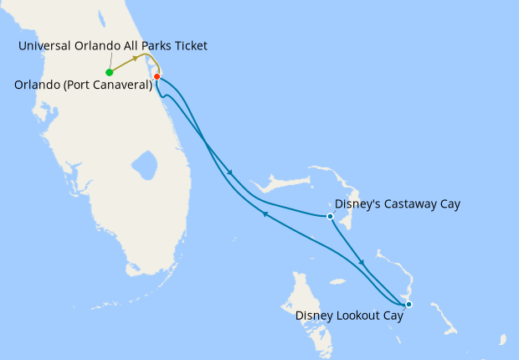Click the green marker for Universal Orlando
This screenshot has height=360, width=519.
pyautogui.click(x=110, y=72)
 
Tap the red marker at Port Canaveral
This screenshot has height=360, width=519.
pyautogui.click(x=157, y=77)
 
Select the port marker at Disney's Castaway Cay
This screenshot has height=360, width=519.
pyautogui.click(x=330, y=216)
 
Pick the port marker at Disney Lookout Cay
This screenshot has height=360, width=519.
pyautogui.click(x=409, y=304)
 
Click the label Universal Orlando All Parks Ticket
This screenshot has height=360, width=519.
pyautogui.click(x=113, y=45)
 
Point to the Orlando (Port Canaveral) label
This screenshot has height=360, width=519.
pyautogui.click(x=83, y=85)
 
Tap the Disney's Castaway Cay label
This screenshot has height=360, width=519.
pyautogui.click(x=397, y=203)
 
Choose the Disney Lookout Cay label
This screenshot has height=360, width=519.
pyautogui.click(x=349, y=316)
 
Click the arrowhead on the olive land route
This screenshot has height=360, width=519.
pyautogui.click(x=136, y=59)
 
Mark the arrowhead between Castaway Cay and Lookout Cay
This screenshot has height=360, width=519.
pyautogui.click(x=362, y=263)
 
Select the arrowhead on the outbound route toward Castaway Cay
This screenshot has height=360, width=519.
pyautogui.click(x=230, y=174)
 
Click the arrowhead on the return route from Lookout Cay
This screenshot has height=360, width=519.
pyautogui.click(x=265, y=214)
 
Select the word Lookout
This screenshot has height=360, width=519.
pyautogui.click(x=358, y=316)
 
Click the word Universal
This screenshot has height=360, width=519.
pyautogui.click(x=44, y=45)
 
